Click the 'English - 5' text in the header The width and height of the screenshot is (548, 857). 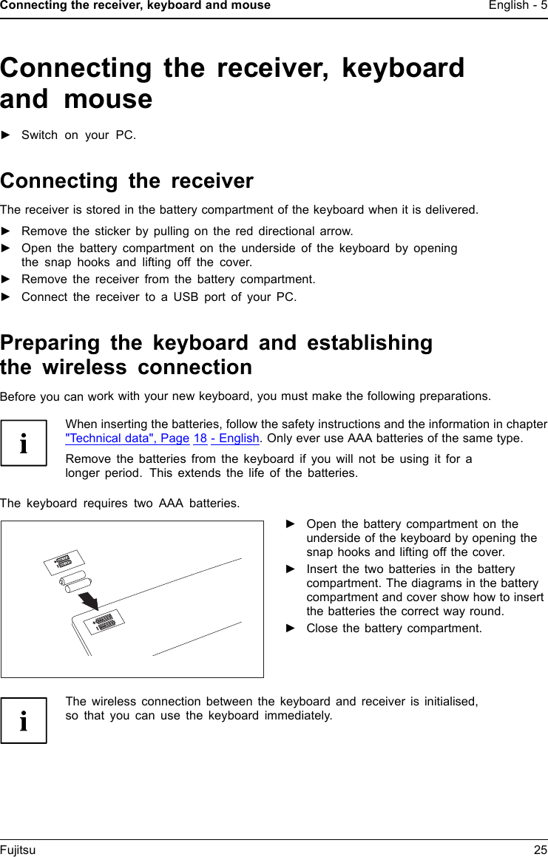[x=518, y=6]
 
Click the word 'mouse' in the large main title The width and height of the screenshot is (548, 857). [x=108, y=99]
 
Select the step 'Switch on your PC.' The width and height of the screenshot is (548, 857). [x=78, y=135]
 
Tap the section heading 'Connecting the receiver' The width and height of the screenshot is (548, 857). [x=126, y=181]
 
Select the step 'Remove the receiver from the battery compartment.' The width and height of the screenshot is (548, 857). [x=168, y=280]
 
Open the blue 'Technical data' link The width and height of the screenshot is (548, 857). [x=126, y=438]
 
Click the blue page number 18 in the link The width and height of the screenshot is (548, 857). [x=200, y=438]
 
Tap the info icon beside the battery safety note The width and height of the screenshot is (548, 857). [x=24, y=444]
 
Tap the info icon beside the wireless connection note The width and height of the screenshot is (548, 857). [x=24, y=720]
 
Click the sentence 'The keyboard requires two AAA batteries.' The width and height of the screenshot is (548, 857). [x=120, y=504]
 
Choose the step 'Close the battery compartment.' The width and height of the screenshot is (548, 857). [x=393, y=629]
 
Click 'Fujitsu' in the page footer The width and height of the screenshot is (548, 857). [x=18, y=850]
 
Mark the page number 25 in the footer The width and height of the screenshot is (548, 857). [x=540, y=850]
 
